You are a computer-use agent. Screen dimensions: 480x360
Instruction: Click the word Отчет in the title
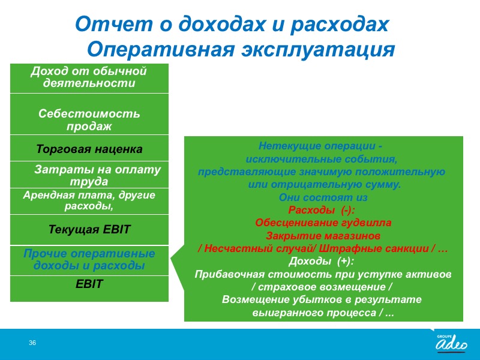click(113, 24)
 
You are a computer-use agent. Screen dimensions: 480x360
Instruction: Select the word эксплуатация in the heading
click(318, 49)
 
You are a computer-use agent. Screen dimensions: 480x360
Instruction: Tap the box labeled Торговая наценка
click(89, 148)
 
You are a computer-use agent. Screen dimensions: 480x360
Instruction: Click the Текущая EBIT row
click(89, 230)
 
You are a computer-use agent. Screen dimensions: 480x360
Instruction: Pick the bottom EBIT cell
click(89, 289)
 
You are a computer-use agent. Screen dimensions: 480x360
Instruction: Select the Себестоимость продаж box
click(89, 114)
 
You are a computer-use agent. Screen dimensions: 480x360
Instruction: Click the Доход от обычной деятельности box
click(89, 79)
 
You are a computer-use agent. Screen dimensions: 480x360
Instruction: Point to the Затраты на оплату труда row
click(89, 175)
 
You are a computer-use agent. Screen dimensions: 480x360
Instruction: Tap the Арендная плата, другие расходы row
click(89, 201)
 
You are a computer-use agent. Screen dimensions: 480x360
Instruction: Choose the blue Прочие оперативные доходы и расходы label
click(89, 259)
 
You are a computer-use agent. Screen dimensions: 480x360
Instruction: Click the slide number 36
click(32, 343)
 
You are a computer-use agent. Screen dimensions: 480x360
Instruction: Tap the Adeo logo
click(452, 343)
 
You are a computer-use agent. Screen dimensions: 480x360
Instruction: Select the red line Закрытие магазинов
click(323, 236)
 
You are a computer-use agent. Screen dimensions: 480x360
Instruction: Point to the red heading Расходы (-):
click(322, 210)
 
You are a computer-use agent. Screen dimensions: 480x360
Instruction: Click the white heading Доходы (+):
click(322, 261)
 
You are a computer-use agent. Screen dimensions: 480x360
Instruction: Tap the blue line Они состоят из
click(323, 197)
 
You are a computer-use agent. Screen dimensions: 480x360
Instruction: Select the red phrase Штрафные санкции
click(373, 248)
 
